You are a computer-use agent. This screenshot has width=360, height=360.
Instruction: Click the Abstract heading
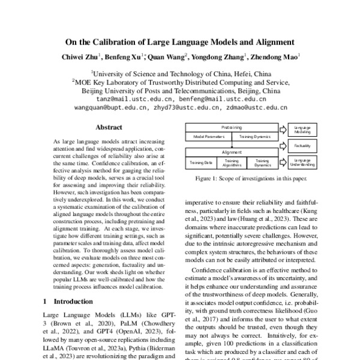109,127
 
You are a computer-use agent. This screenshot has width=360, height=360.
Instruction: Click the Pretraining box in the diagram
232,128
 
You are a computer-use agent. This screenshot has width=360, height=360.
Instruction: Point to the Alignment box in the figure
232,153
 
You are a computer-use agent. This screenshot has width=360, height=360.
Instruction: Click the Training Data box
202,162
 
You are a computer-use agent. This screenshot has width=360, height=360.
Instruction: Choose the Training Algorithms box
232,162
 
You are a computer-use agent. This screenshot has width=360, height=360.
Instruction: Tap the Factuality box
302,145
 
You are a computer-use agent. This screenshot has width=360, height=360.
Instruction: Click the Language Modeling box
302,130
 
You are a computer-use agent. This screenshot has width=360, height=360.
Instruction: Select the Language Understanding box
302,161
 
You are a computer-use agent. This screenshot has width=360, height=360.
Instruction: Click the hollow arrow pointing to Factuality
284,145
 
